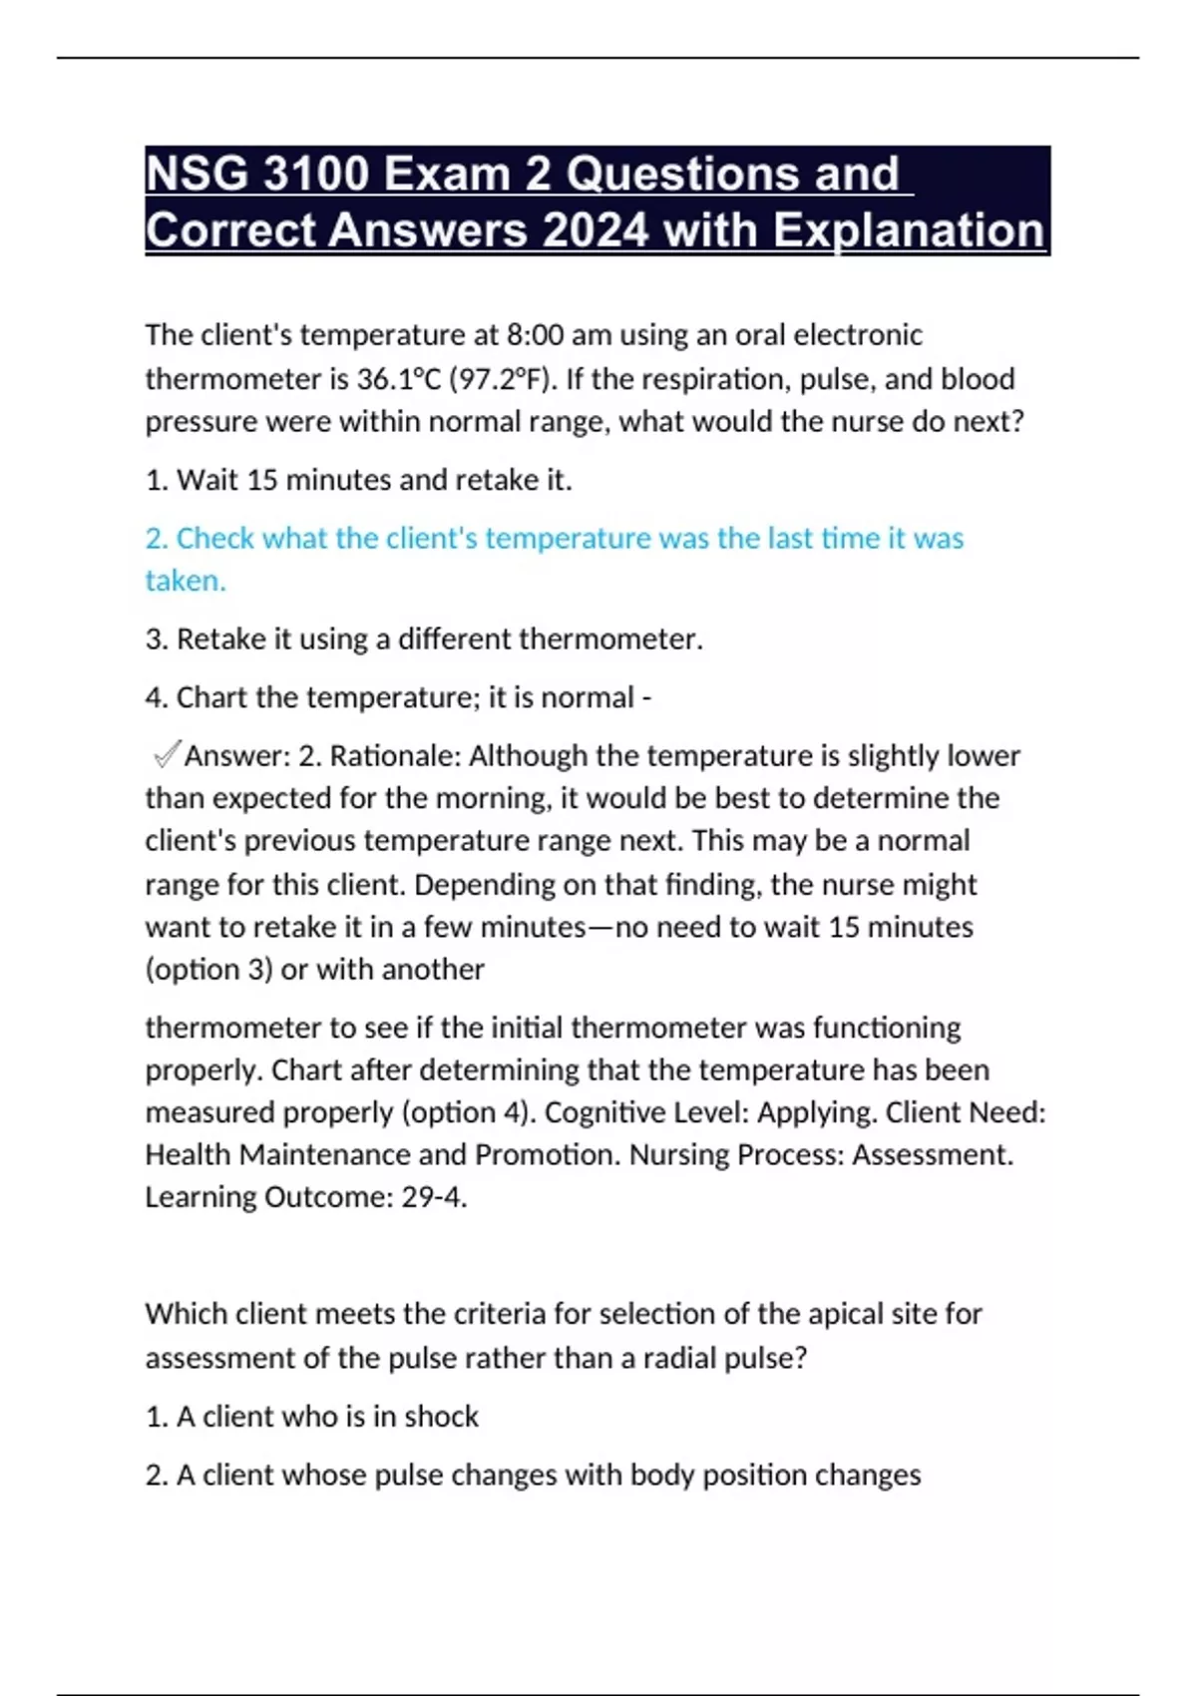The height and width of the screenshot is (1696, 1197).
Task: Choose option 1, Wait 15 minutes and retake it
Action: [x=359, y=480]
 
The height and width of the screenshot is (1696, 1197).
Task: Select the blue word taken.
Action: [x=185, y=581]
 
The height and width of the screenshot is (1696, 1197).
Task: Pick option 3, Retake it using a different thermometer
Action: [x=424, y=638]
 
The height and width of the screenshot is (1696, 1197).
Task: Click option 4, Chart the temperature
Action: [x=398, y=696]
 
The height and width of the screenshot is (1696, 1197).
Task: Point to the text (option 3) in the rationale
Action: [x=208, y=970]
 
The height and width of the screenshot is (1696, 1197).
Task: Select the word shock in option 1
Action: [x=441, y=1417]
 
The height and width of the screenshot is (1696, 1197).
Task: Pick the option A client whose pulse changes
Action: [x=533, y=1475]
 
